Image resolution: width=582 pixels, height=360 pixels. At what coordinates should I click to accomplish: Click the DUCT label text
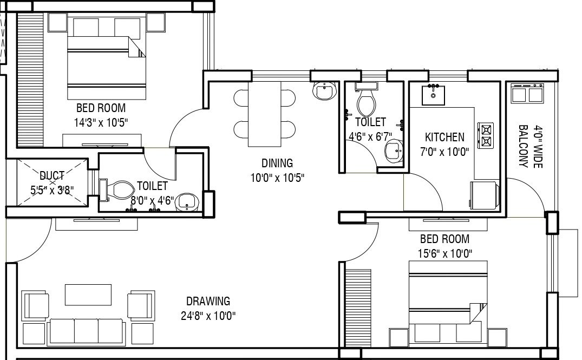pyautogui.click(x=52, y=175)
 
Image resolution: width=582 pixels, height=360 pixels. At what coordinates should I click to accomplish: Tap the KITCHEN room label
pyautogui.click(x=444, y=137)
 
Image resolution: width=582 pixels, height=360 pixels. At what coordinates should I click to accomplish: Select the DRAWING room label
pyautogui.click(x=208, y=301)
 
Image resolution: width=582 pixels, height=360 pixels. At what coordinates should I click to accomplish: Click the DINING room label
pyautogui.click(x=277, y=162)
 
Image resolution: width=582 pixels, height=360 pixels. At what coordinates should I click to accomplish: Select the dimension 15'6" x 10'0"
pyautogui.click(x=444, y=253)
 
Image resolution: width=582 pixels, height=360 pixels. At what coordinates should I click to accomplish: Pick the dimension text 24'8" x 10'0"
pyautogui.click(x=208, y=315)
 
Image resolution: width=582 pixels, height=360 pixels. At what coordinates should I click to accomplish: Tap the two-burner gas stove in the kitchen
pyautogui.click(x=486, y=135)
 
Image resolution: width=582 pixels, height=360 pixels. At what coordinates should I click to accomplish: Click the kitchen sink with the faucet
pyautogui.click(x=433, y=95)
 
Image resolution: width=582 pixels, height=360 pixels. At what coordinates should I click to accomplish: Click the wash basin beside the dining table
pyautogui.click(x=325, y=91)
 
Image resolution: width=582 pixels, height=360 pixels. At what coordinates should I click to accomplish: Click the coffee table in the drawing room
pyautogui.click(x=89, y=295)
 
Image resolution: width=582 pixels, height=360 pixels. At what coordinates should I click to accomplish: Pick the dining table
pyautogui.click(x=265, y=114)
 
